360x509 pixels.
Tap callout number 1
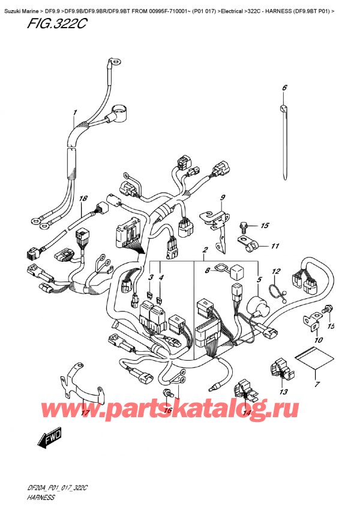tap(75, 112)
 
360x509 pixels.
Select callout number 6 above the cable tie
tap(285, 88)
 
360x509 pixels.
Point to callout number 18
tap(83, 199)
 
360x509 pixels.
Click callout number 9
tap(222, 198)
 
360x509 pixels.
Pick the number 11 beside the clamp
tap(275, 246)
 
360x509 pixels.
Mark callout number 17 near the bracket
tap(84, 413)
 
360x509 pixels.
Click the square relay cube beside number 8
tap(236, 271)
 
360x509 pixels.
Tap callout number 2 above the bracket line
tap(205, 250)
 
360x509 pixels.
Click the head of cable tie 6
tap(283, 109)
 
